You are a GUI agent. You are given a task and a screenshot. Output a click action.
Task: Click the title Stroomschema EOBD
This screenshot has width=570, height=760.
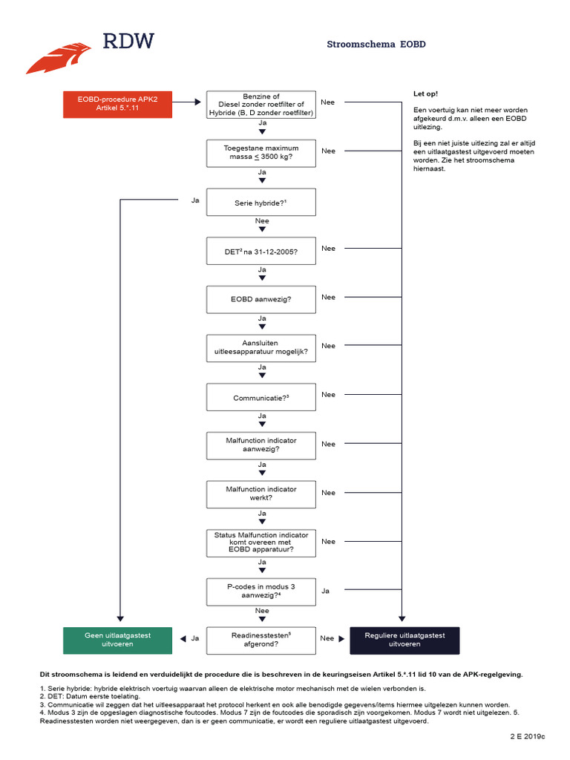(x=376, y=45)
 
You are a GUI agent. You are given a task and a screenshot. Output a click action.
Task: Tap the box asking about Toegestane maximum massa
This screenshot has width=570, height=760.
(x=261, y=153)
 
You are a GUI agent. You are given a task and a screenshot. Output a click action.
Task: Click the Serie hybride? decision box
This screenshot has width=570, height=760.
(x=261, y=202)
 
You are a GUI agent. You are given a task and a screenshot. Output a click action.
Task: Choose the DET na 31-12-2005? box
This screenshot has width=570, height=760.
(x=261, y=251)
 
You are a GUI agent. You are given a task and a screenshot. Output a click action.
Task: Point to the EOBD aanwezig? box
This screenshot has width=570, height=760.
(x=261, y=299)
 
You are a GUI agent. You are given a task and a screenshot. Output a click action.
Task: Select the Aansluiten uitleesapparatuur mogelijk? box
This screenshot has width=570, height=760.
(x=261, y=348)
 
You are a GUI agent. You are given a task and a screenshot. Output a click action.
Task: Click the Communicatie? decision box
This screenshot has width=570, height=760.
(x=261, y=397)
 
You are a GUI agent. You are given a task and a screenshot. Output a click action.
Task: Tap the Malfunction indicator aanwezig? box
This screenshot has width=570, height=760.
(x=261, y=445)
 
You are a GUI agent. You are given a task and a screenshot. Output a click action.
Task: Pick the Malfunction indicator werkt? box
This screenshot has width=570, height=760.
(x=261, y=494)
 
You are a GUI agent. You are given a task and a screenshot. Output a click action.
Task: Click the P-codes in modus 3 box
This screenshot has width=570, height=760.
(x=261, y=592)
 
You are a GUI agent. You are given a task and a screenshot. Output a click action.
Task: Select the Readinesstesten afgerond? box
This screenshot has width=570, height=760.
(x=261, y=640)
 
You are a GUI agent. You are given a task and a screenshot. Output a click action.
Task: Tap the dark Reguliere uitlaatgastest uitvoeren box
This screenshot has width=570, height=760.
(x=404, y=640)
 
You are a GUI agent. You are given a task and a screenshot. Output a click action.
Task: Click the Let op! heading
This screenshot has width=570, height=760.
(x=425, y=94)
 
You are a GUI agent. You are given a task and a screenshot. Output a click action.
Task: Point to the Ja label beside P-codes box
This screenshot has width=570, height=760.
(x=326, y=592)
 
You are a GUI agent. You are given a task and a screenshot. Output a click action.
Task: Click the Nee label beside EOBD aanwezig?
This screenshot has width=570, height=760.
(x=328, y=297)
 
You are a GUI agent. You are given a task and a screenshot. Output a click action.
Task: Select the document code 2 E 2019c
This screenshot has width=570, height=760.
(x=527, y=736)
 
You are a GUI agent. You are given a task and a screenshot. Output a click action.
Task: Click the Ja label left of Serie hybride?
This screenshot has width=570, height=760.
(x=195, y=200)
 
